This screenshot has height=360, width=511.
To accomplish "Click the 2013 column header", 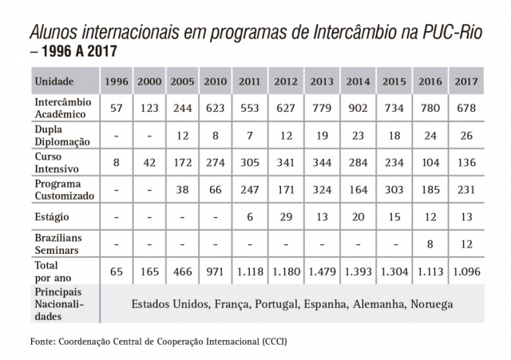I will click(322, 81).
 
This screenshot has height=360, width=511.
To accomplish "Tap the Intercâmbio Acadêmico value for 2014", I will click(358, 108).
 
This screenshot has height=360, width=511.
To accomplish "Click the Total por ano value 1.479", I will click(322, 271).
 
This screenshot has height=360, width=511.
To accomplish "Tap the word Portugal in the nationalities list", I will click(274, 305).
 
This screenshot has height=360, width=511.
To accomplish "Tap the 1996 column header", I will click(117, 81).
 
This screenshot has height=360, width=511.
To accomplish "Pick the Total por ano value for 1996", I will click(117, 271).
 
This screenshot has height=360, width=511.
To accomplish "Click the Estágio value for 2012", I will click(285, 216).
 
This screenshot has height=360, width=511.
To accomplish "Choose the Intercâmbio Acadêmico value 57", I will click(117, 108).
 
